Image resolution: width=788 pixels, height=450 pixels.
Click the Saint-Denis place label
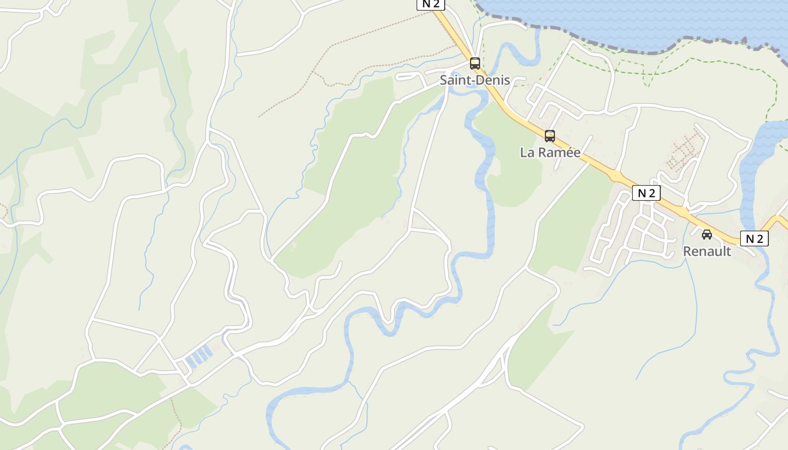tap(474, 80)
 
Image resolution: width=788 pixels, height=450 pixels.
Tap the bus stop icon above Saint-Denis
tap(475, 64)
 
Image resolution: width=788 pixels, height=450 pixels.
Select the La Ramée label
tap(550, 152)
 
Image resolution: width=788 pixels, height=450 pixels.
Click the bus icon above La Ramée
tap(550, 136)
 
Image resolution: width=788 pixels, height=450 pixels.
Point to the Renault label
tap(707, 251)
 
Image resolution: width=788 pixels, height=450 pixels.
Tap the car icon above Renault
tap(707, 235)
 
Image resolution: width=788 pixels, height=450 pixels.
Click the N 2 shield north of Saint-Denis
tap(431, 4)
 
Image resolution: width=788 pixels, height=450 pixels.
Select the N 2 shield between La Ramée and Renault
tap(646, 193)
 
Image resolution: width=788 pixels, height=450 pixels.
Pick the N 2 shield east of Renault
tap(754, 238)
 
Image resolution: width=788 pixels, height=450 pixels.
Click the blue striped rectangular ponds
tap(198, 357)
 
